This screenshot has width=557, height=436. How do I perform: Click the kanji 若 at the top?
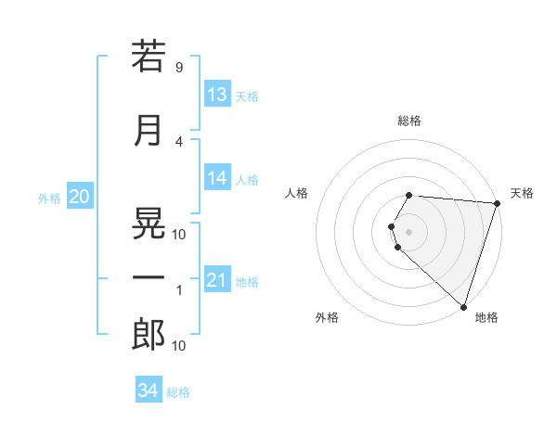pyautogui.click(x=148, y=57)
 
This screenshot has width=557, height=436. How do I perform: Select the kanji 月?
pyautogui.click(x=148, y=131)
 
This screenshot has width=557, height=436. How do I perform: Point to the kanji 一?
pyautogui.click(x=148, y=277)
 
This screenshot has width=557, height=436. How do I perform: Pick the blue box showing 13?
pyautogui.click(x=217, y=95)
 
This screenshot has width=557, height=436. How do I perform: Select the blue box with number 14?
pyautogui.click(x=217, y=178)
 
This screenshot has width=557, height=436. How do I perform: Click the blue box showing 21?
pyautogui.click(x=217, y=280)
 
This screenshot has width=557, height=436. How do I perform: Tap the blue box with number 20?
pyautogui.click(x=79, y=197)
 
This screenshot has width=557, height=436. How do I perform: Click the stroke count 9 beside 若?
pyautogui.click(x=178, y=68)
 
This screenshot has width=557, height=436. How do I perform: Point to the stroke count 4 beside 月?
pyautogui.click(x=178, y=142)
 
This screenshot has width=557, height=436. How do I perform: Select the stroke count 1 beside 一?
pyautogui.click(x=178, y=291)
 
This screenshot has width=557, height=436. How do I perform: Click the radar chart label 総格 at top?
pyautogui.click(x=409, y=121)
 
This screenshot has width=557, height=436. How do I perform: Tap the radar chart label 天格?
pyautogui.click(x=523, y=193)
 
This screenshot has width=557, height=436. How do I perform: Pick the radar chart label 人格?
pyautogui.click(x=297, y=193)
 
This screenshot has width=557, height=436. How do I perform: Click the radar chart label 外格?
pyautogui.click(x=327, y=317)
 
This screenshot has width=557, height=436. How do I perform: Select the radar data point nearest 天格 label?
pyautogui.click(x=497, y=203)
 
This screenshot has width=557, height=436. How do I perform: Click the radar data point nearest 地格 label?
pyautogui.click(x=463, y=307)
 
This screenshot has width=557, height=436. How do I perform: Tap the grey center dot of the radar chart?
pyautogui.click(x=409, y=231)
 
